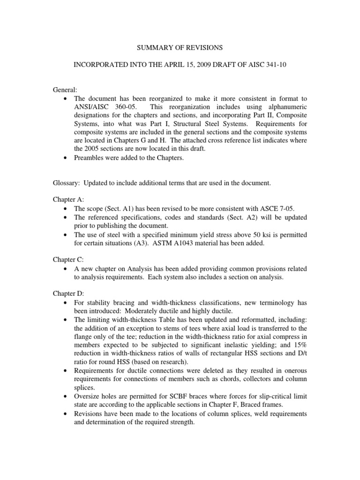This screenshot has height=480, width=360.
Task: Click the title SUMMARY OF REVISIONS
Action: click(x=180, y=48)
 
